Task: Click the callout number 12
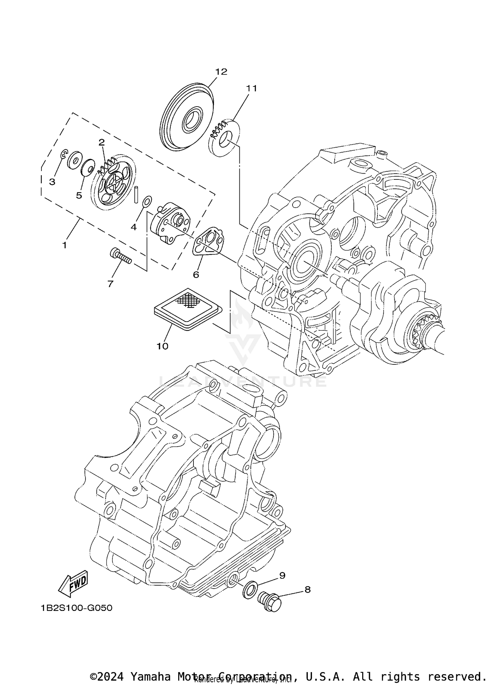click(x=222, y=72)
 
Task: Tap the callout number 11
click(x=251, y=88)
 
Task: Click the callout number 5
click(x=79, y=195)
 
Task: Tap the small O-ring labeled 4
click(x=147, y=201)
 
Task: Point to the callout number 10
click(x=162, y=346)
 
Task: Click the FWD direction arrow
click(x=73, y=583)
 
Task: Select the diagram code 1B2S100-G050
click(x=76, y=617)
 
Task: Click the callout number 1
click(x=64, y=245)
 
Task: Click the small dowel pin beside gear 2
click(x=136, y=194)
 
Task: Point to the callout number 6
click(x=196, y=275)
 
